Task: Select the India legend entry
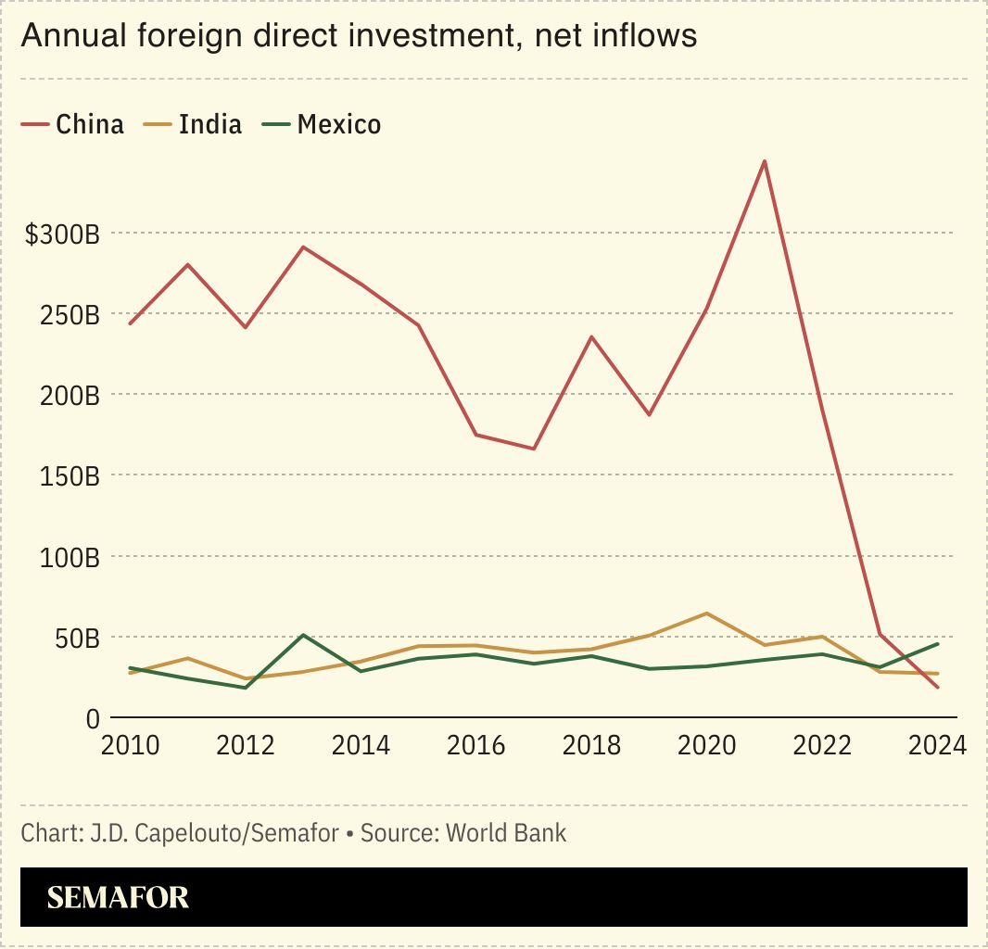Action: [194, 124]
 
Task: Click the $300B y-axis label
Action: [62, 234]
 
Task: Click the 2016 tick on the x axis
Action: [476, 745]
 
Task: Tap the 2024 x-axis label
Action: [937, 745]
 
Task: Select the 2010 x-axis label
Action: [131, 745]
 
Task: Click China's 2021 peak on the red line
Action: [764, 161]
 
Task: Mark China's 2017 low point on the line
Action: [533, 449]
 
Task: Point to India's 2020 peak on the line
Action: [706, 614]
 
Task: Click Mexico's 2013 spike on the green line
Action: [303, 635]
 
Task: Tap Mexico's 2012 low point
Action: [246, 688]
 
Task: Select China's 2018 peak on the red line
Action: [590, 336]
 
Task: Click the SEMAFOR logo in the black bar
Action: [118, 897]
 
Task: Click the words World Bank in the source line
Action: [506, 832]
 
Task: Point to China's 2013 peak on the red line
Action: [303, 247]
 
